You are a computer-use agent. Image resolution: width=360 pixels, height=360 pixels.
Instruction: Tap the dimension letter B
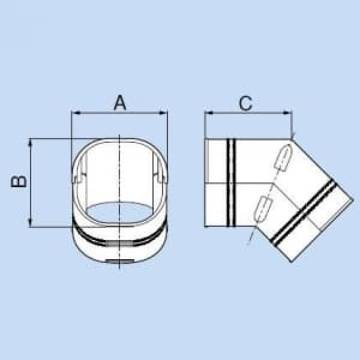point(20,182)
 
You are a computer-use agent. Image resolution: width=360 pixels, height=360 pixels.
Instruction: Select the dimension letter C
point(245,103)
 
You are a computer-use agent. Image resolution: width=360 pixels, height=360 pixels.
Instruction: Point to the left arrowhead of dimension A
point(74,112)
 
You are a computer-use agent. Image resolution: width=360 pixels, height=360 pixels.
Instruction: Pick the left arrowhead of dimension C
point(208,112)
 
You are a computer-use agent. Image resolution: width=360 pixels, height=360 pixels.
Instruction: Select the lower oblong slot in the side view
point(262,208)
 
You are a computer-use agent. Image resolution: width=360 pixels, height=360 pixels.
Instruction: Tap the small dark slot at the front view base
point(121,261)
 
